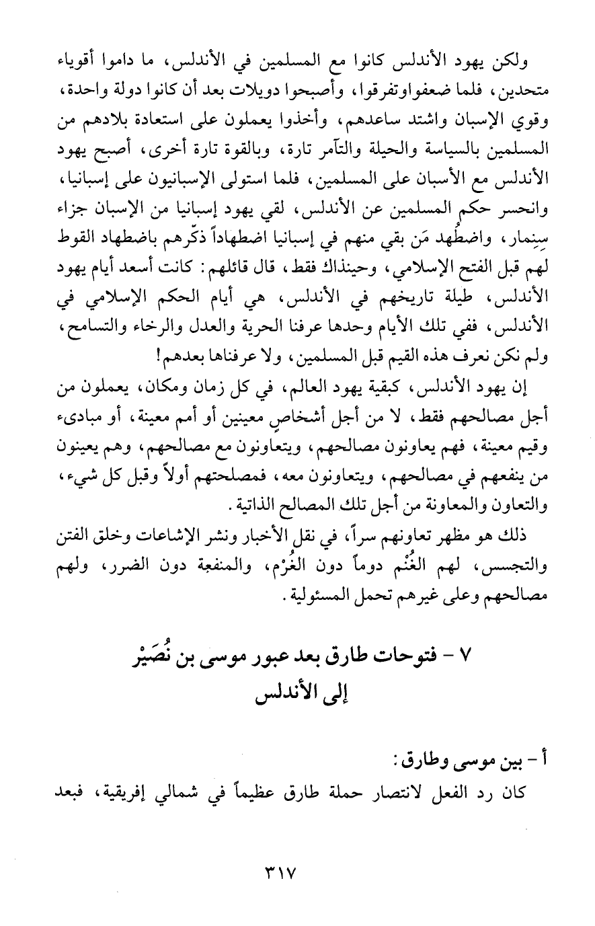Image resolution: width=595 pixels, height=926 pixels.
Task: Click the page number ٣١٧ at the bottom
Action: [277, 877]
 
